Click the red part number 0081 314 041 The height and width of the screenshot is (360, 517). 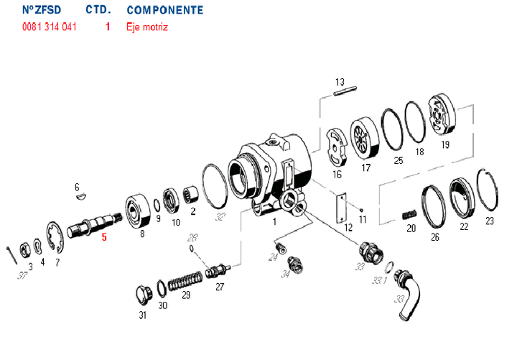[49, 27]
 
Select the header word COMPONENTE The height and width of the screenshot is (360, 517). [164, 11]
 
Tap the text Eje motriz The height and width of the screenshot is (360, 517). [146, 27]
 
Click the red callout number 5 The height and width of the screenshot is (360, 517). [104, 236]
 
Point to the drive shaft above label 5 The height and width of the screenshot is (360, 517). [93, 220]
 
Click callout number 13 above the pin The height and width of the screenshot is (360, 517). [340, 81]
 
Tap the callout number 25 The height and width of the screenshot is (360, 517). [399, 160]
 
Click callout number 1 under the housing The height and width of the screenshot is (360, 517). [274, 222]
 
